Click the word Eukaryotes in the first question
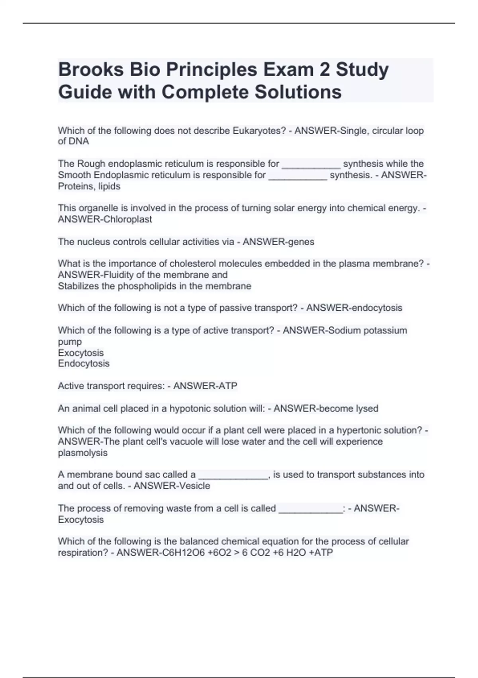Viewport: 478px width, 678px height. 259,131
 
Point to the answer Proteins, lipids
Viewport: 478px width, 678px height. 89,186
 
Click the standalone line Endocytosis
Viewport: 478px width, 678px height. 83,363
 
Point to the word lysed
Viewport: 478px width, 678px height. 366,408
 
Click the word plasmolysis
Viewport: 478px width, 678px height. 82,453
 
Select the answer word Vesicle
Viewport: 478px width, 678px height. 195,486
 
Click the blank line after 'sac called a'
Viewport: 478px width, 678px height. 233,475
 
